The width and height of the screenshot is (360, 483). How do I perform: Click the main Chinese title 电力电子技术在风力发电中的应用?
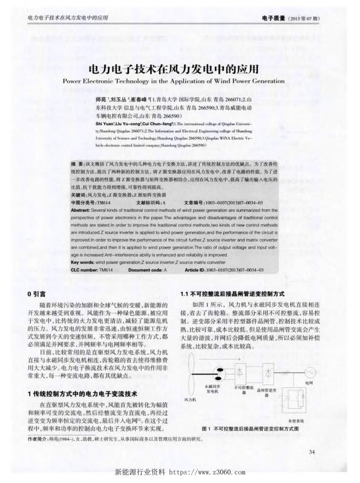tap(180, 68)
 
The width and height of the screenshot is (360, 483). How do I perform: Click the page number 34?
tap(312, 452)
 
